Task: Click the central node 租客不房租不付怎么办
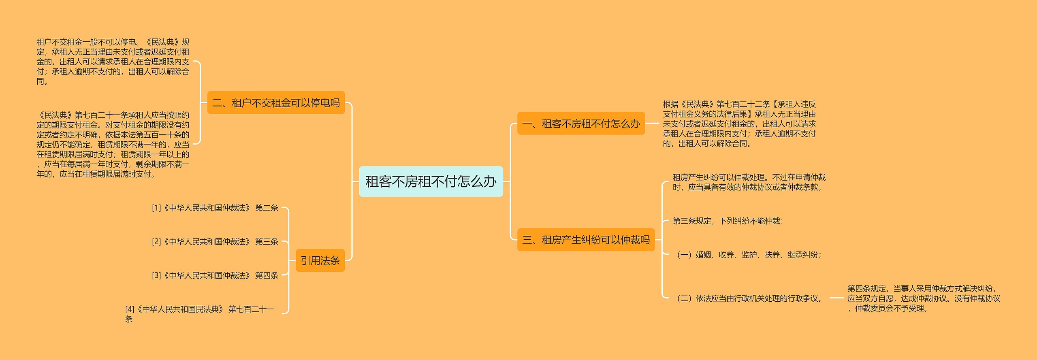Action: click(x=431, y=181)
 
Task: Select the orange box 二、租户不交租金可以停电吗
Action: click(x=276, y=103)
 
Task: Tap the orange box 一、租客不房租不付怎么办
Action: click(x=581, y=124)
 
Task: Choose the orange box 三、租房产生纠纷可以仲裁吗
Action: click(x=586, y=240)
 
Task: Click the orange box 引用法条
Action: click(x=320, y=260)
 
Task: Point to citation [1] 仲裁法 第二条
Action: click(x=215, y=208)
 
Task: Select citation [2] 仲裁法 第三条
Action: click(x=215, y=242)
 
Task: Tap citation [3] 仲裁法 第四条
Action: click(x=215, y=275)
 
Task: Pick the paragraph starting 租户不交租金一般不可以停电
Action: click(x=113, y=62)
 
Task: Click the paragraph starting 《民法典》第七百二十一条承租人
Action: click(x=113, y=145)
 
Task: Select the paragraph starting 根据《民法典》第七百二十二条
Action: click(x=739, y=124)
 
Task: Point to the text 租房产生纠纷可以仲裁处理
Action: click(x=749, y=182)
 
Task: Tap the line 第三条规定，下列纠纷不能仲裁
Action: click(x=727, y=221)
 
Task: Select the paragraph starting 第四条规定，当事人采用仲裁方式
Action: click(x=924, y=298)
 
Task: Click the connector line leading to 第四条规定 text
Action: click(x=836, y=298)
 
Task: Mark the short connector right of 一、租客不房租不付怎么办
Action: click(x=652, y=124)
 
